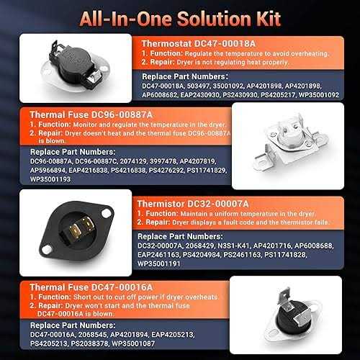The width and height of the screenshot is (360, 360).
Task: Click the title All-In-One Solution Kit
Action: tap(180, 19)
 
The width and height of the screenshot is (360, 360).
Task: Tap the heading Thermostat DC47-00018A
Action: tap(199, 44)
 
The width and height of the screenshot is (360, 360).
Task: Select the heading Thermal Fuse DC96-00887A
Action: tap(91, 114)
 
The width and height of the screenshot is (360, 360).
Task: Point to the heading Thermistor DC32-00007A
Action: tap(193, 204)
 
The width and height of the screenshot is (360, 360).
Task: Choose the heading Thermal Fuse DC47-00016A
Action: tap(91, 287)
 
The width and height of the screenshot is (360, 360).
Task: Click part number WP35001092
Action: tap(319, 95)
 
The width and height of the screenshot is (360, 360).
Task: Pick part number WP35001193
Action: tap(50, 179)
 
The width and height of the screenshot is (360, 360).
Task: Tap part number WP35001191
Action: tap(159, 264)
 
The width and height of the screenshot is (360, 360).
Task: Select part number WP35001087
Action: tap(133, 343)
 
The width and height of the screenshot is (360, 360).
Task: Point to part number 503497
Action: tap(198, 86)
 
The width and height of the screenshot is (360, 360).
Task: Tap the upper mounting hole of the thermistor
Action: tap(106, 213)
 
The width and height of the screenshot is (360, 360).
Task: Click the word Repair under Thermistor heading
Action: tap(158, 222)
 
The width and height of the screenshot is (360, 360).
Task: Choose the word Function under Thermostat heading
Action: tap(166, 53)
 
